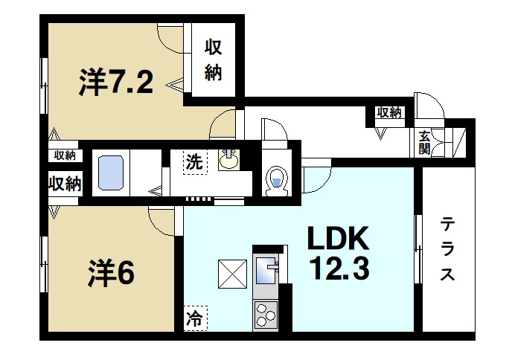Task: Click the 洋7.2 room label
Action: (116, 82)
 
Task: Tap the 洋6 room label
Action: (111, 272)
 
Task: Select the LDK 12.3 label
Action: (337, 253)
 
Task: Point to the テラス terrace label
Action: (447, 250)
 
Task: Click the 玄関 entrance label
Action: (424, 143)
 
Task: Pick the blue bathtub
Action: (111, 173)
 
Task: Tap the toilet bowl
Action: (276, 181)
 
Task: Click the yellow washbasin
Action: (229, 160)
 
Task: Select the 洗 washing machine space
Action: (195, 162)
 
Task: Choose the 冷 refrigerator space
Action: (195, 318)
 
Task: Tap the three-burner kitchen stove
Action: (266, 315)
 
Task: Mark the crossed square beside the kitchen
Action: (232, 274)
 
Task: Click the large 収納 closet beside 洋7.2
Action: (214, 60)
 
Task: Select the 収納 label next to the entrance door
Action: (389, 112)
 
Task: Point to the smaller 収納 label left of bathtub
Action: (65, 155)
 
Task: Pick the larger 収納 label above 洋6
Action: (65, 184)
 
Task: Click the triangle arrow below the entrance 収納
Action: (380, 134)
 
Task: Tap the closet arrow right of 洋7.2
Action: (175, 86)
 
